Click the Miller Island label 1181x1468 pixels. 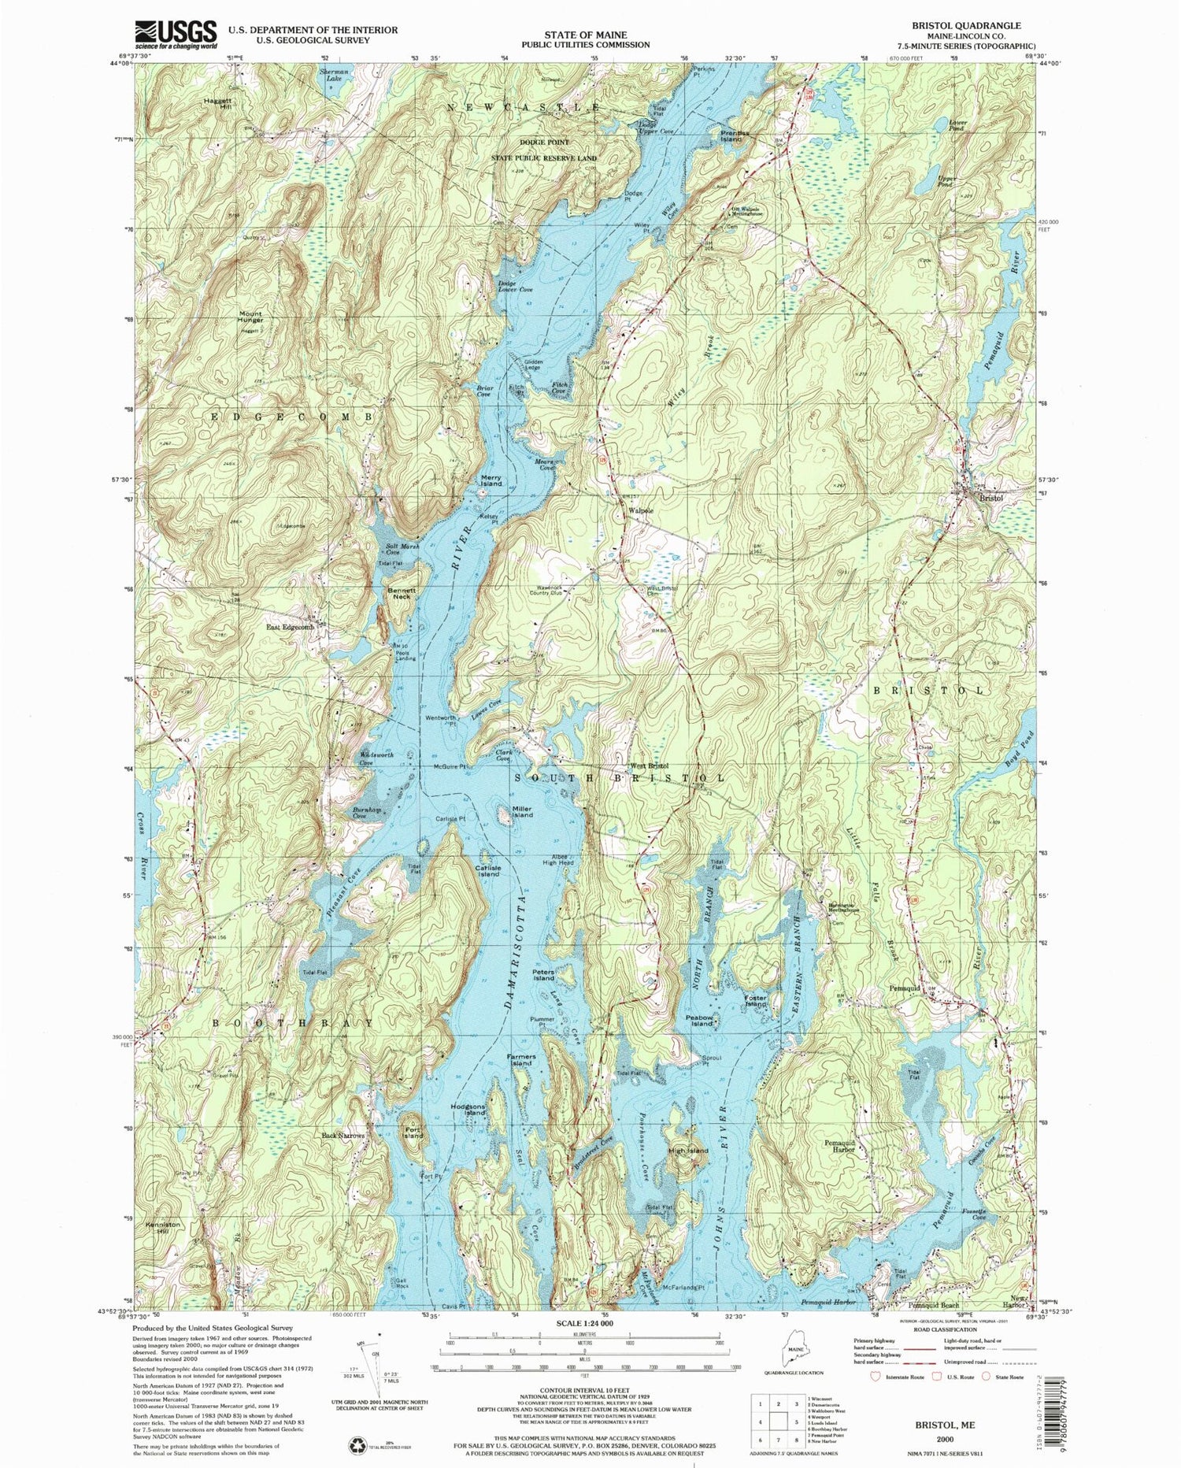(x=522, y=812)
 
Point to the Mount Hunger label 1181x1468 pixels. (x=250, y=317)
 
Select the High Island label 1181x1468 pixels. (x=688, y=1151)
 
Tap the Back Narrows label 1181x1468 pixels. (x=343, y=1136)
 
